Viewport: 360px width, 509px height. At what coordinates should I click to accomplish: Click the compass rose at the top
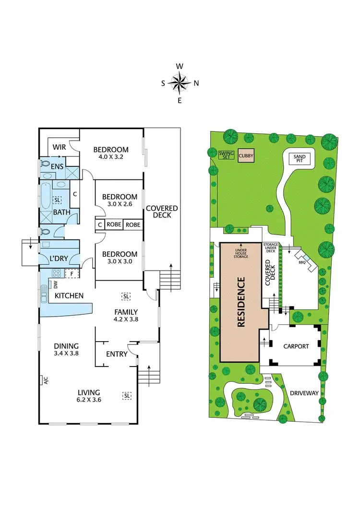coord(180,83)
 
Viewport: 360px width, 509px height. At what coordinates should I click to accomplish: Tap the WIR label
coord(59,147)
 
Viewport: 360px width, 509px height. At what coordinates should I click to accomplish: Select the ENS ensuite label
coord(58,166)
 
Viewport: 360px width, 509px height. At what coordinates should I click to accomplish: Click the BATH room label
coord(61,212)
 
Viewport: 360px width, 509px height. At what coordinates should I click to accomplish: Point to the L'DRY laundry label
coord(58,258)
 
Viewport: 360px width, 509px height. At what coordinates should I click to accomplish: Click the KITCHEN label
coord(69,296)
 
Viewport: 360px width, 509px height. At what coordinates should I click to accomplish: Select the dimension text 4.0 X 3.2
coord(111,157)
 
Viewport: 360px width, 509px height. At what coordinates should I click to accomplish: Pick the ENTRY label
coord(117,354)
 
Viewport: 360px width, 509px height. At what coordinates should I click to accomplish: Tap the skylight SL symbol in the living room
coord(127,395)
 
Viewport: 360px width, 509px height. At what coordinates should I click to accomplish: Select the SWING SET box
coord(226,155)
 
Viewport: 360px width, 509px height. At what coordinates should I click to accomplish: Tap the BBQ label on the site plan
coord(302,262)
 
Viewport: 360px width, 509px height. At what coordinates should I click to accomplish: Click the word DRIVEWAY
coord(304,393)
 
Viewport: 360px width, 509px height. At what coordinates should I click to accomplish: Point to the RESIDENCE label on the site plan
coord(241,302)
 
